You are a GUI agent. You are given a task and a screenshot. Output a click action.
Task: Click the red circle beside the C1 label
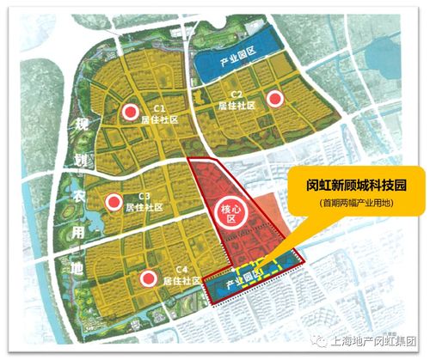130,113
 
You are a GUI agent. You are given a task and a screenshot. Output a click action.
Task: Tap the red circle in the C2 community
275,100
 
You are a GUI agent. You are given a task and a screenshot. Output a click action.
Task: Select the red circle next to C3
112,201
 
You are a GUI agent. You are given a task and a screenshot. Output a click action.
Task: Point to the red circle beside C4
149,278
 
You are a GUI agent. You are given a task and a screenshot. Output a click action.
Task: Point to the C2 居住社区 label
234,101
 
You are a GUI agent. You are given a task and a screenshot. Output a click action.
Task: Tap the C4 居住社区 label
183,277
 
